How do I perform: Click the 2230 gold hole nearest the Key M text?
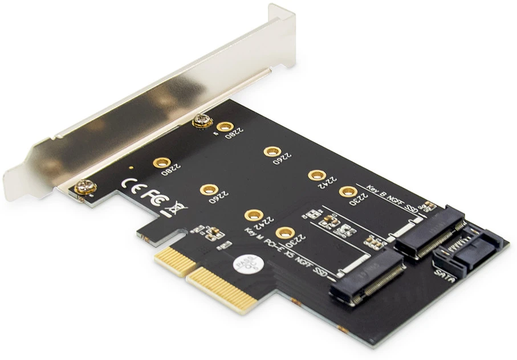tap(285, 233)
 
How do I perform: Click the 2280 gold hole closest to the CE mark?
tap(158, 163)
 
